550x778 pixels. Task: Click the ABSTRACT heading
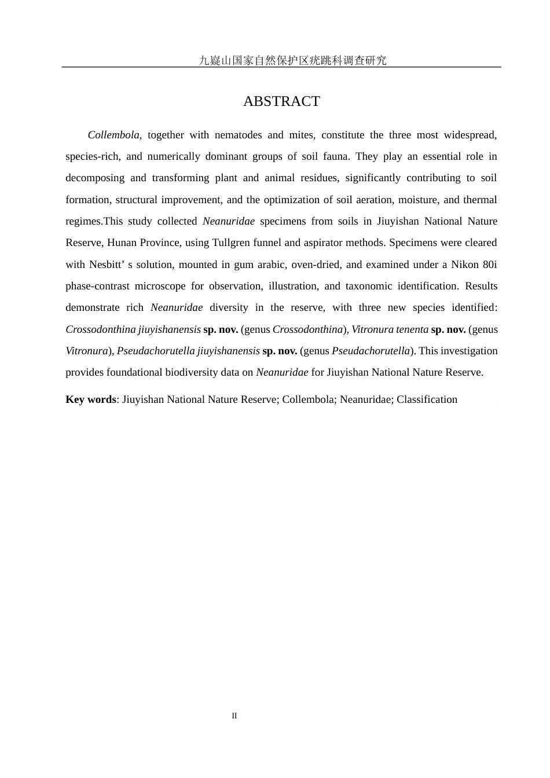281,101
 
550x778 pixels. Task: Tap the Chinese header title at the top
292,60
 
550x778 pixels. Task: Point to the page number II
234,716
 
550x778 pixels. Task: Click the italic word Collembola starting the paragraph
113,135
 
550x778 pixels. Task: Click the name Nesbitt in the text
104,265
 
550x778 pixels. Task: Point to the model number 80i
490,265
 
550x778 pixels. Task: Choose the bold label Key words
91,399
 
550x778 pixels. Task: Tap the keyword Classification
427,399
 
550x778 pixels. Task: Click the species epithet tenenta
412,329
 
